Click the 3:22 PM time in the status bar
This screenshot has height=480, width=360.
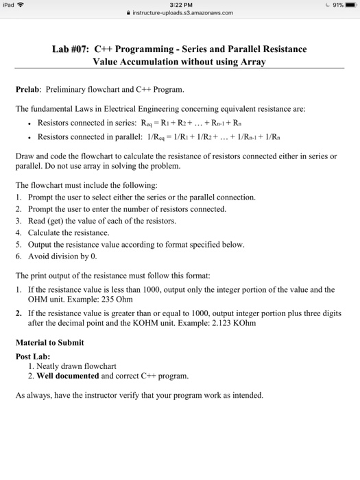click(x=180, y=5)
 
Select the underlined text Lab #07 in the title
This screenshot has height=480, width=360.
click(x=71, y=50)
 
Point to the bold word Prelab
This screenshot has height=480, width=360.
click(x=28, y=90)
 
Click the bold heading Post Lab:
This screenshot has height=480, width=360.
click(x=34, y=356)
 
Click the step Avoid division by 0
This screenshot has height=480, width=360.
click(x=62, y=257)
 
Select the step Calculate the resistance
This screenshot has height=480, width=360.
click(x=66, y=232)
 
